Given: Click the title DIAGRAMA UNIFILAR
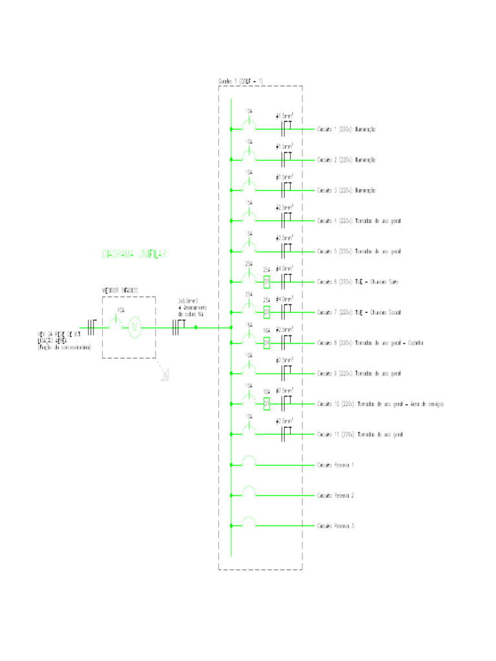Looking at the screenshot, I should point(134,254).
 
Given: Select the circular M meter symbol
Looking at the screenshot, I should point(135,327).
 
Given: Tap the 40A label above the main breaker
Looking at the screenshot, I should point(119,310).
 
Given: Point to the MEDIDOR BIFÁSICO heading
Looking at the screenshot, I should point(120,290).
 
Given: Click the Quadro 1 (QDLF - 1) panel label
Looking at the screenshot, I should point(241,81).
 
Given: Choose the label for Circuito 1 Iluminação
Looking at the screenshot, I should point(346,130).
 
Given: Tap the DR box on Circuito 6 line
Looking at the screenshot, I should point(267,281).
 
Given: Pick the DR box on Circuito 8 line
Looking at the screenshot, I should point(267,343).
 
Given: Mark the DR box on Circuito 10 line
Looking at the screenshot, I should point(267,403).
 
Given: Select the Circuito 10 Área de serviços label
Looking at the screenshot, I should point(380,403).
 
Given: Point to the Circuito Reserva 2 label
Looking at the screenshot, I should point(335,496).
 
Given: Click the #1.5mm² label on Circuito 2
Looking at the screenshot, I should point(285,147).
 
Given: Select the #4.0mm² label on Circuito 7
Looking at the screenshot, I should point(285,299).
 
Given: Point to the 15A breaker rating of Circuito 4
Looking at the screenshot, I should point(249,203).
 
